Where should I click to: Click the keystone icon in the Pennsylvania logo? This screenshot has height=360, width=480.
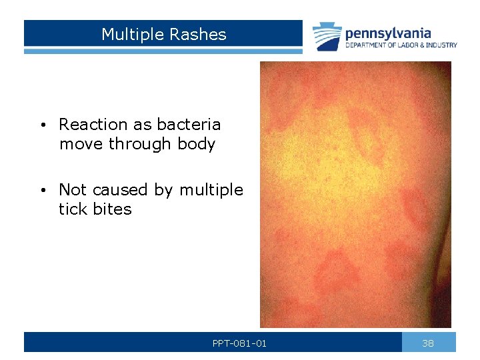pos(327,37)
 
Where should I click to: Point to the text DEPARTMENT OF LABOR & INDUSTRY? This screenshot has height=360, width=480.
pos(401,45)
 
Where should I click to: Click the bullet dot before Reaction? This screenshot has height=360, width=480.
pos(42,125)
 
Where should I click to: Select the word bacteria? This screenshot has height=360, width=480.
pos(189,125)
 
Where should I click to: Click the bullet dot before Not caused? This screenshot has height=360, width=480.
pos(42,191)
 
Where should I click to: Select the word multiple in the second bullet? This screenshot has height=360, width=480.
pos(211,190)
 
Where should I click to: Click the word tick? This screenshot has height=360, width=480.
pos(73,209)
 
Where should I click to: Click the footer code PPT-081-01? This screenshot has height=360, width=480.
pos(239,344)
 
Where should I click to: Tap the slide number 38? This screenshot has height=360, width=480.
pos(428,343)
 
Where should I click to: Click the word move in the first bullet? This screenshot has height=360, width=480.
pos(81,144)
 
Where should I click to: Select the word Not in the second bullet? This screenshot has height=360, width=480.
pos(72,190)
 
